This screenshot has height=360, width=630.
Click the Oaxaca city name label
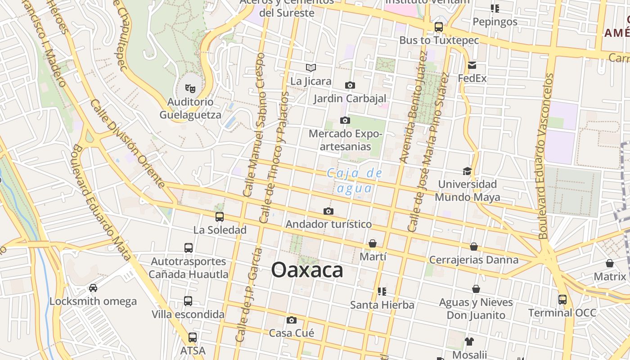tap(307, 270)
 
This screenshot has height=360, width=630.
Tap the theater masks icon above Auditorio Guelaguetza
tap(190, 88)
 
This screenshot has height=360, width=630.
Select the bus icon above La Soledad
tap(220, 217)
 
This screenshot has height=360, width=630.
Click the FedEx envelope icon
tap(472, 65)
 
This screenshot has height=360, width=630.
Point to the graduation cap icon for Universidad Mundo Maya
tap(467, 171)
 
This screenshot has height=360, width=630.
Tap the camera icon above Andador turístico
tap(328, 211)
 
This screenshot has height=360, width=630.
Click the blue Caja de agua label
tap(355, 180)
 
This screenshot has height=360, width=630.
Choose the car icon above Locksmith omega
tap(93, 288)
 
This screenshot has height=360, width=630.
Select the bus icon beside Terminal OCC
tap(562, 299)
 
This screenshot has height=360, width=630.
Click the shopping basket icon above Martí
tap(373, 243)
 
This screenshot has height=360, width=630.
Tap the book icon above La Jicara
tap(310, 68)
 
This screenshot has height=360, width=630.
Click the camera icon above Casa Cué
tap(292, 320)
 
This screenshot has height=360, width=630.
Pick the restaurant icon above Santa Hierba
tap(382, 292)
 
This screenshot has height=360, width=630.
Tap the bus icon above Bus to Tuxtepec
tap(439, 27)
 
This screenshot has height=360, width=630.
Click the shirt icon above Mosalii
tap(469, 341)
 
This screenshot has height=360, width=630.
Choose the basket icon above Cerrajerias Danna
tap(474, 247)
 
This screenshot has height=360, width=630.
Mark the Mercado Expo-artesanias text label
tap(345, 140)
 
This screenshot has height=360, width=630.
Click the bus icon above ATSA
tap(193, 337)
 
